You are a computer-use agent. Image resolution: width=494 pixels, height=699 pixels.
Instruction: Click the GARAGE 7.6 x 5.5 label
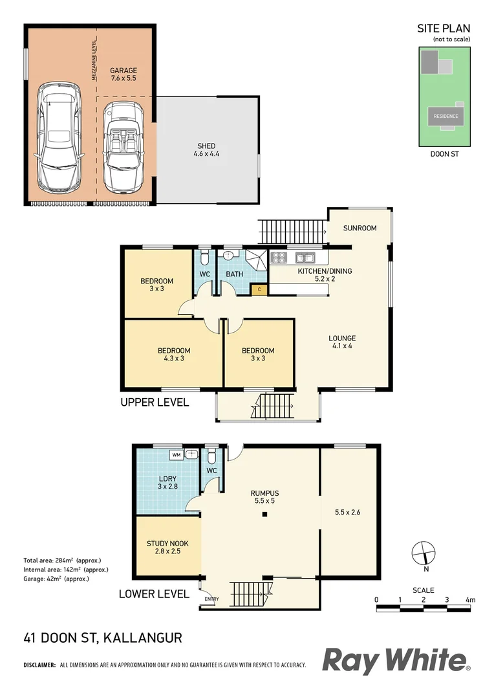123,74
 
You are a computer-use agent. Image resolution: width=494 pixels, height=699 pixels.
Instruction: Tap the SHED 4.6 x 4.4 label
206,150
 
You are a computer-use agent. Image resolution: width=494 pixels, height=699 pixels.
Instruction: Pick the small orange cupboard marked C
259,289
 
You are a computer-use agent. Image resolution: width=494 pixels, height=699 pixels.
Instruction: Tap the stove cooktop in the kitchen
280,257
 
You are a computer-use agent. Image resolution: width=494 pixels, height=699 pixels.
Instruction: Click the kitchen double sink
305,257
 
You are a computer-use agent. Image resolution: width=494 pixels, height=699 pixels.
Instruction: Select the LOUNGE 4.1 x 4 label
342,342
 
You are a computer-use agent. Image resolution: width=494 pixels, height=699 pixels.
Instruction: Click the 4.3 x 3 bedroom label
174,354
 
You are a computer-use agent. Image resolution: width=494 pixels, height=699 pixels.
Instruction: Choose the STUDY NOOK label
167,548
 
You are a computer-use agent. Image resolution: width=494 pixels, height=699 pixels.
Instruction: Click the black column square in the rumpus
264,515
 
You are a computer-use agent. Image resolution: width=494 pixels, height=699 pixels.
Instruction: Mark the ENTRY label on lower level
211,599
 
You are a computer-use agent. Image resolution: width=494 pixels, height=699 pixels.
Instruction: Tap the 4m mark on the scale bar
470,600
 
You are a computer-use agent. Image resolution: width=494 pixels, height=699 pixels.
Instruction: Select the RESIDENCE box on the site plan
446,116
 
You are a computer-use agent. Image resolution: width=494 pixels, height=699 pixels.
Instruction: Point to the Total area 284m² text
61,560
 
